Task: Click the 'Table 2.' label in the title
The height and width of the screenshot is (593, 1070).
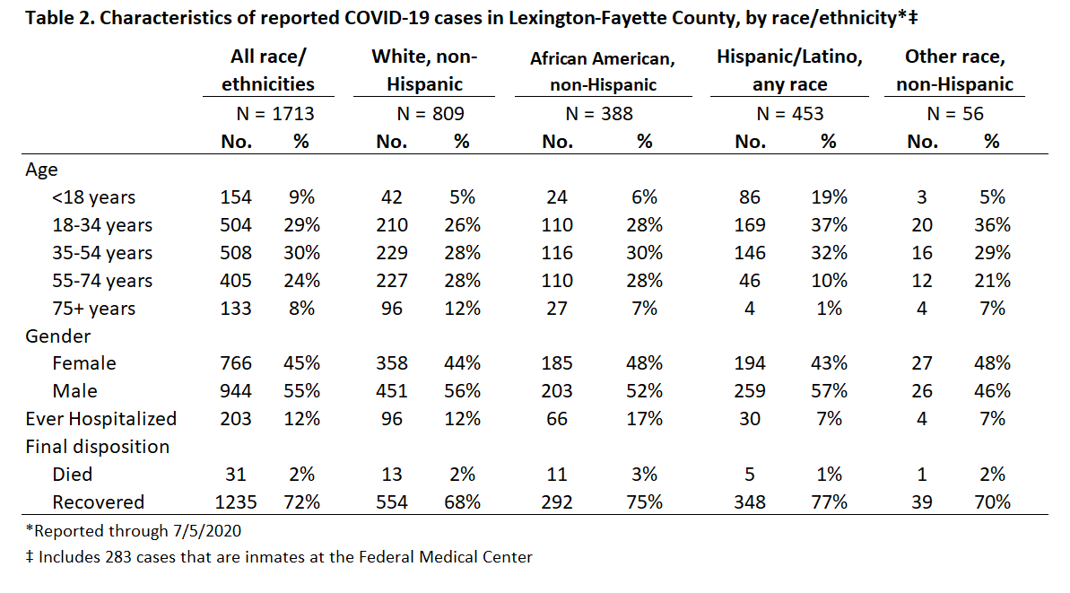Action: [x=60, y=17]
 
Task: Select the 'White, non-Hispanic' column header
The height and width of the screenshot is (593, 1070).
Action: [x=424, y=70]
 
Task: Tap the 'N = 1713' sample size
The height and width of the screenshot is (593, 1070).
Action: [x=275, y=113]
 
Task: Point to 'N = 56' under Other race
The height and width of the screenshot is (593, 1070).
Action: [x=954, y=113]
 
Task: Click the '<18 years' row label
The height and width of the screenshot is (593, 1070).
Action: [x=93, y=197]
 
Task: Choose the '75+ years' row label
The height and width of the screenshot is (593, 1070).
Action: [x=93, y=309]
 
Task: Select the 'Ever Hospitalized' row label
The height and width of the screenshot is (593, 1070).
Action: [x=101, y=418]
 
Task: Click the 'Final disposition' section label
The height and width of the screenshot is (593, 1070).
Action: [x=98, y=446]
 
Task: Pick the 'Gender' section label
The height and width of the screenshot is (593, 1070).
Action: [x=58, y=336]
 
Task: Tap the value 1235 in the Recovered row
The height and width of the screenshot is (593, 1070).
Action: [x=235, y=502]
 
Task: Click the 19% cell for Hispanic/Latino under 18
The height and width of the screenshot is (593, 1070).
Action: [x=829, y=197]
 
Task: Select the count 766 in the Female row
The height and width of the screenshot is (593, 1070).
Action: [x=235, y=363]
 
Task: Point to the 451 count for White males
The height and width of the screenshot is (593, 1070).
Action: [x=392, y=391]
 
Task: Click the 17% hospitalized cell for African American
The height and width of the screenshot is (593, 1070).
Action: [x=644, y=418]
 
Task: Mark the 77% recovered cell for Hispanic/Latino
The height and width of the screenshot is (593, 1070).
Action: [x=829, y=502]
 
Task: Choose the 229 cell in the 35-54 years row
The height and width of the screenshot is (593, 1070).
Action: [x=392, y=252]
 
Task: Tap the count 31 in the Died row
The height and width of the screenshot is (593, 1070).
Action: [x=235, y=475]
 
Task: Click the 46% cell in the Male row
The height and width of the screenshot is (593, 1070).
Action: [x=992, y=391]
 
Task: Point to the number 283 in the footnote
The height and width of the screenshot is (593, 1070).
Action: [x=118, y=557]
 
